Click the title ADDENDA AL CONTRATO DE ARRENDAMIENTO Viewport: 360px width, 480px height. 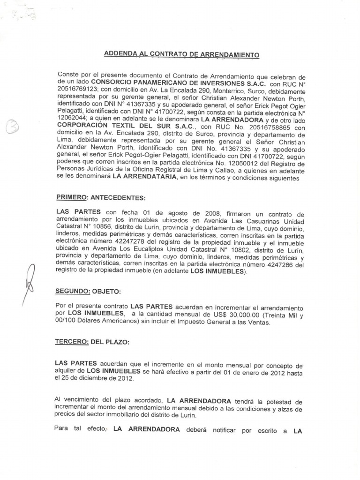(x=181, y=54)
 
